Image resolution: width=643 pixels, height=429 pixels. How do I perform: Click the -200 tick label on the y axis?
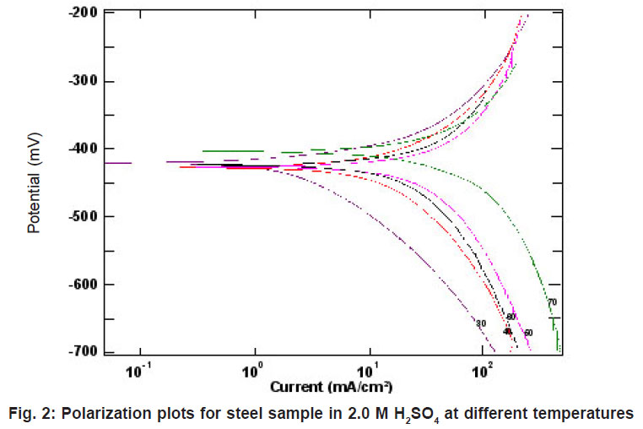tap(82, 13)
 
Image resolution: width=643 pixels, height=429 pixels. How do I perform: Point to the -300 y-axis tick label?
tap(82, 81)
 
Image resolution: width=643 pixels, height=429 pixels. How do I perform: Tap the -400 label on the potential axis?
tap(82, 149)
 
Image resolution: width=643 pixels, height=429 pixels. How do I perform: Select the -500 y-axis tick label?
tap(82, 216)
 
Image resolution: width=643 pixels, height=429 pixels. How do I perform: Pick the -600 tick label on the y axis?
tap(82, 285)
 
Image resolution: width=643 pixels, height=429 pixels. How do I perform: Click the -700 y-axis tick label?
tap(82, 351)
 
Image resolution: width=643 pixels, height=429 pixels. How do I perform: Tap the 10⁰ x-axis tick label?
tap(253, 371)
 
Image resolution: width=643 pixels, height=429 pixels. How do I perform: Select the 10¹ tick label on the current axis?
tap(369, 371)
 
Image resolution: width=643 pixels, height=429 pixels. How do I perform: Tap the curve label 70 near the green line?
tap(553, 302)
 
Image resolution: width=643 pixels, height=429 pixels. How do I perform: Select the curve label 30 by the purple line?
tap(481, 323)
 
